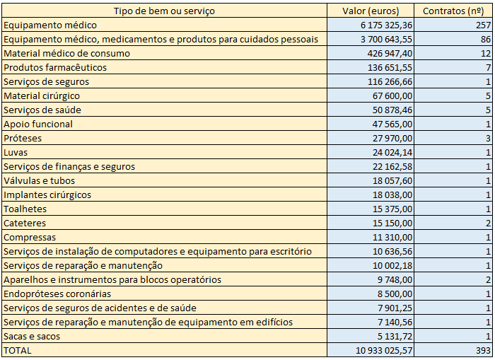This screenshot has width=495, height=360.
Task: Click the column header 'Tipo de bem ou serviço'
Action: (164, 11)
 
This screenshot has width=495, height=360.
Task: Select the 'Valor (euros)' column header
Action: (370, 11)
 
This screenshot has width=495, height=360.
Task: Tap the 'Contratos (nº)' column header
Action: (453, 11)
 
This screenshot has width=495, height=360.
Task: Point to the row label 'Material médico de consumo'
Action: (67, 53)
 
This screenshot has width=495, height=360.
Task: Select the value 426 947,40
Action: (387, 53)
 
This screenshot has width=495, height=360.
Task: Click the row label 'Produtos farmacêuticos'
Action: (55, 67)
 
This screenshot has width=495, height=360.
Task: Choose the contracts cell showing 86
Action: (484, 39)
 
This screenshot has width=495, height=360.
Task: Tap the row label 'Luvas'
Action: (16, 152)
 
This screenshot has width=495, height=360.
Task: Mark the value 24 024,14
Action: (390, 152)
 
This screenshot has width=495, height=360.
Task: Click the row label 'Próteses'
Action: (21, 138)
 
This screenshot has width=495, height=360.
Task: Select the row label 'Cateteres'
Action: (25, 223)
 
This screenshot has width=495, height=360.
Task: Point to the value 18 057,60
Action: (390, 180)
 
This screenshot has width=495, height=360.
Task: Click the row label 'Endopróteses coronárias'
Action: (57, 294)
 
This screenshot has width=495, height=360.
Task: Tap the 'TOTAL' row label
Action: (18, 350)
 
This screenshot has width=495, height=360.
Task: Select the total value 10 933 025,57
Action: (377, 350)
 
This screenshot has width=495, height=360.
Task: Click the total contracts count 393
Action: (482, 350)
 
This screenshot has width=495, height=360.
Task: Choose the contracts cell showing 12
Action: (484, 53)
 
